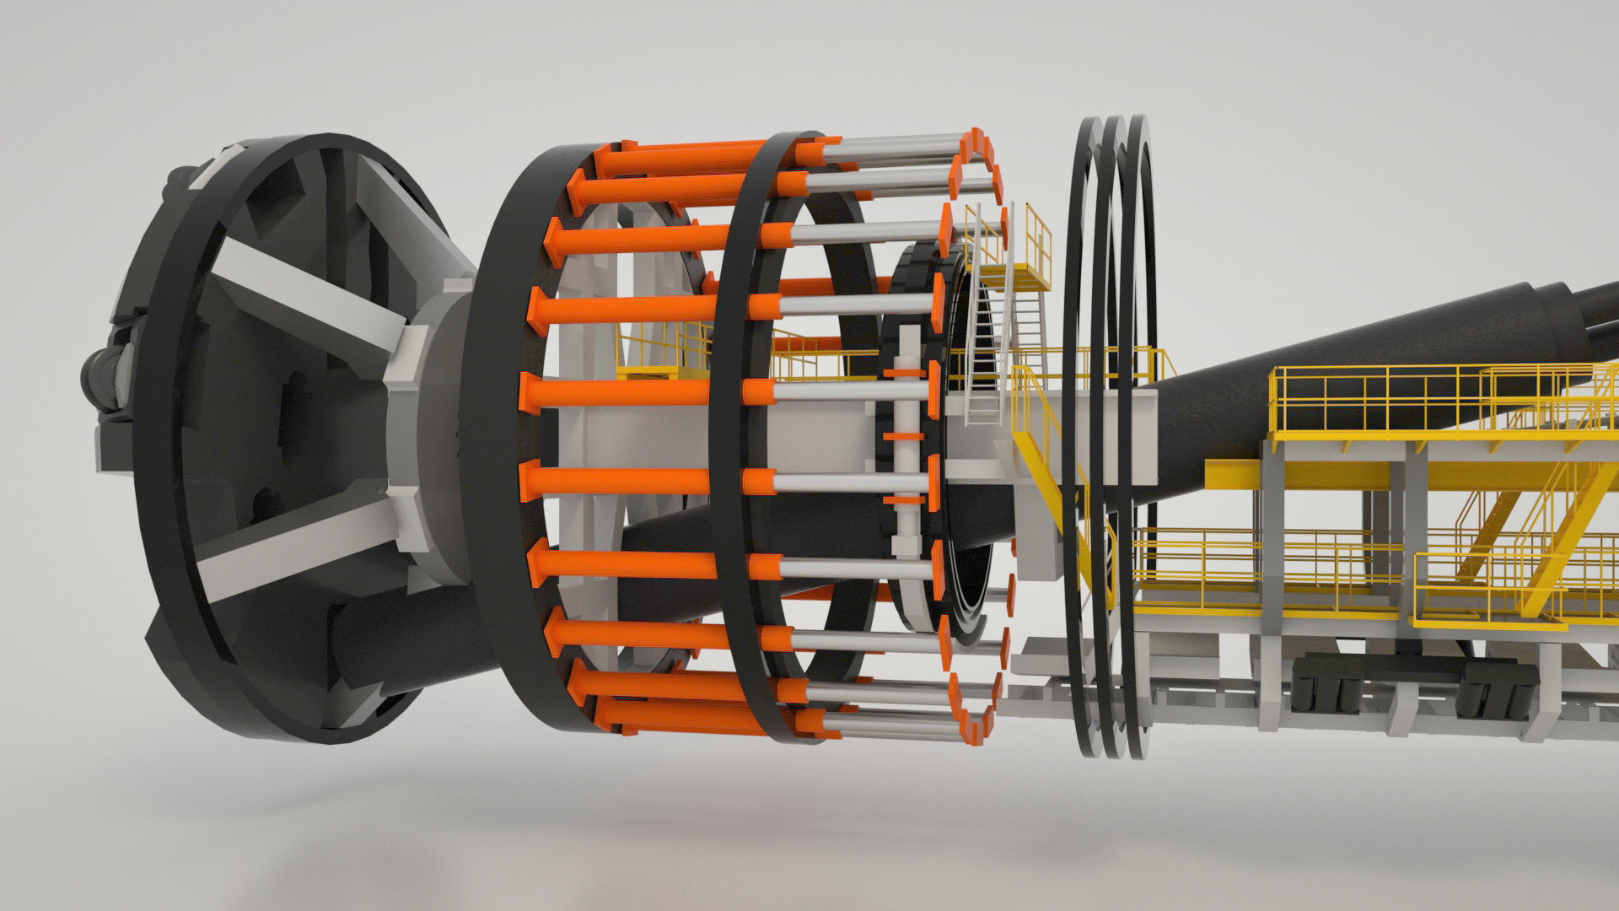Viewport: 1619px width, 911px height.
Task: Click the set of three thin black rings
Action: pos(1109,422)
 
